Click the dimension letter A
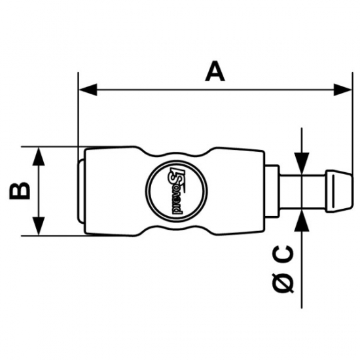[x=215, y=71]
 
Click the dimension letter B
[x=20, y=190]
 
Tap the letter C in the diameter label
[x=283, y=255]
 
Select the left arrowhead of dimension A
[x=88, y=90]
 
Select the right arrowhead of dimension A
[x=342, y=90]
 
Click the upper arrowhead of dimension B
[x=39, y=156]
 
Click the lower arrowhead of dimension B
[x=39, y=226]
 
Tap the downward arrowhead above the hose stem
[x=302, y=164]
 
